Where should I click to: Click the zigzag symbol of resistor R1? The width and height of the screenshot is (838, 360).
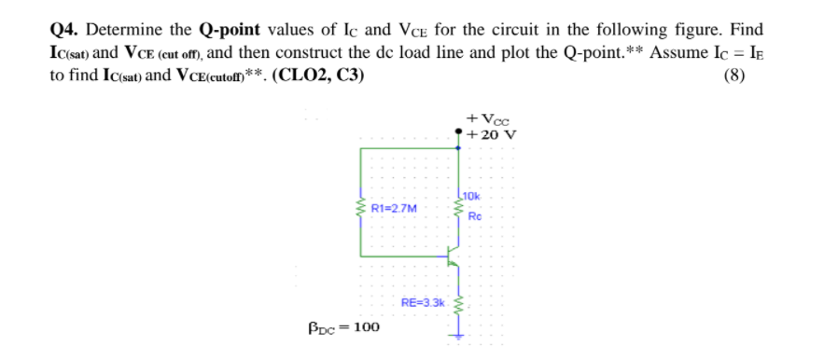click(360, 210)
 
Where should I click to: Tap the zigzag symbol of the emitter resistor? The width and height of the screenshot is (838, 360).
click(458, 302)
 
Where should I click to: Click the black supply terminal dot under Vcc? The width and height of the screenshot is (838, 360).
click(458, 133)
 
